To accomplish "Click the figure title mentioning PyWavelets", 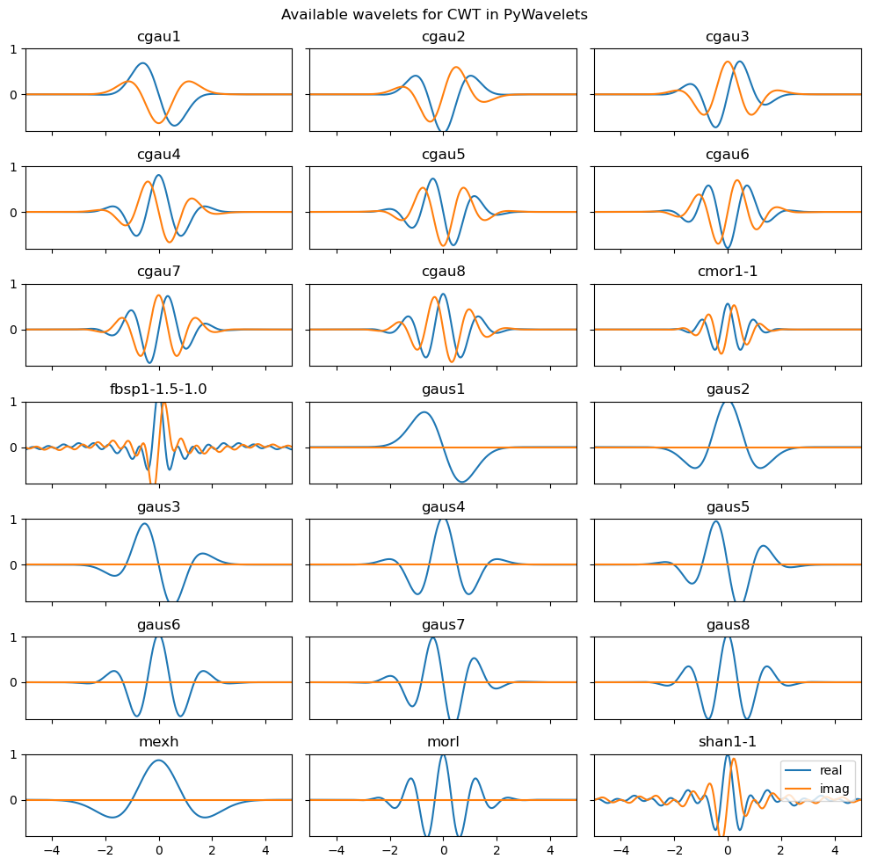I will pyautogui.click(x=434, y=15).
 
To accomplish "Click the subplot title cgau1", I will pyautogui.click(x=158, y=37).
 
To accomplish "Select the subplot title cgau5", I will pyautogui.click(x=443, y=155).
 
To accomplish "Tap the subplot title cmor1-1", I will pyautogui.click(x=728, y=272).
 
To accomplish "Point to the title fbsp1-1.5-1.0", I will pyautogui.click(x=158, y=389).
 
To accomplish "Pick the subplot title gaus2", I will pyautogui.click(x=728, y=389).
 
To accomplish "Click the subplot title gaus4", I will pyautogui.click(x=443, y=507).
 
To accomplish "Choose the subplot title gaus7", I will pyautogui.click(x=443, y=625).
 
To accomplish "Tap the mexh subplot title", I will pyautogui.click(x=158, y=742).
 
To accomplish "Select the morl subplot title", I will pyautogui.click(x=443, y=742).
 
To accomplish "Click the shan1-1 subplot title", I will pyautogui.click(x=728, y=742).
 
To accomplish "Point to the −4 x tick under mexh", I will pyautogui.click(x=52, y=851).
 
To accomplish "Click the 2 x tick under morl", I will pyautogui.click(x=497, y=851).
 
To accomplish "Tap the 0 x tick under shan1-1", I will pyautogui.click(x=728, y=851).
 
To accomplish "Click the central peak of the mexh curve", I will pyautogui.click(x=158, y=760).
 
